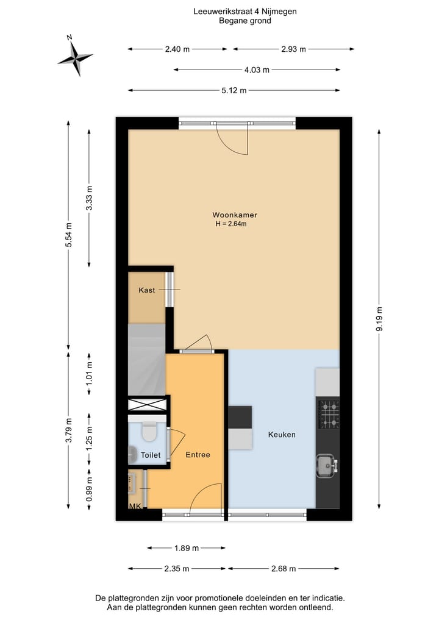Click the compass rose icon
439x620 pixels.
pyautogui.click(x=75, y=58)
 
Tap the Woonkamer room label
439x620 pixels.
pyautogui.click(x=234, y=215)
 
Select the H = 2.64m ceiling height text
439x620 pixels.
pyautogui.click(x=230, y=224)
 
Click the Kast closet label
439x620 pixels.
pyautogui.click(x=146, y=290)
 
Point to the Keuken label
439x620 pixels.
pyautogui.click(x=282, y=435)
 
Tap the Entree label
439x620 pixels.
pyautogui.click(x=198, y=455)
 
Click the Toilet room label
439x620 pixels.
pyautogui.click(x=151, y=455)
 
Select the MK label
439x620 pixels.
pyautogui.click(x=134, y=507)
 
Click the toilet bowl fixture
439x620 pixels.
pyautogui.click(x=148, y=432)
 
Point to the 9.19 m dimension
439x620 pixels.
pyautogui.click(x=379, y=318)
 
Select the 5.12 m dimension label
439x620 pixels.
pyautogui.click(x=234, y=91)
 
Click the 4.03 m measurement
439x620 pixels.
pyautogui.click(x=257, y=70)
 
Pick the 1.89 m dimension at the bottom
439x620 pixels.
pyautogui.click(x=187, y=548)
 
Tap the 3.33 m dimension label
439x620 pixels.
pyautogui.click(x=90, y=198)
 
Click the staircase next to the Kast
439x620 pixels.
pyautogui.click(x=146, y=360)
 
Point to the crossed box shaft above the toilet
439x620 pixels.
pyautogui.click(x=147, y=405)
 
